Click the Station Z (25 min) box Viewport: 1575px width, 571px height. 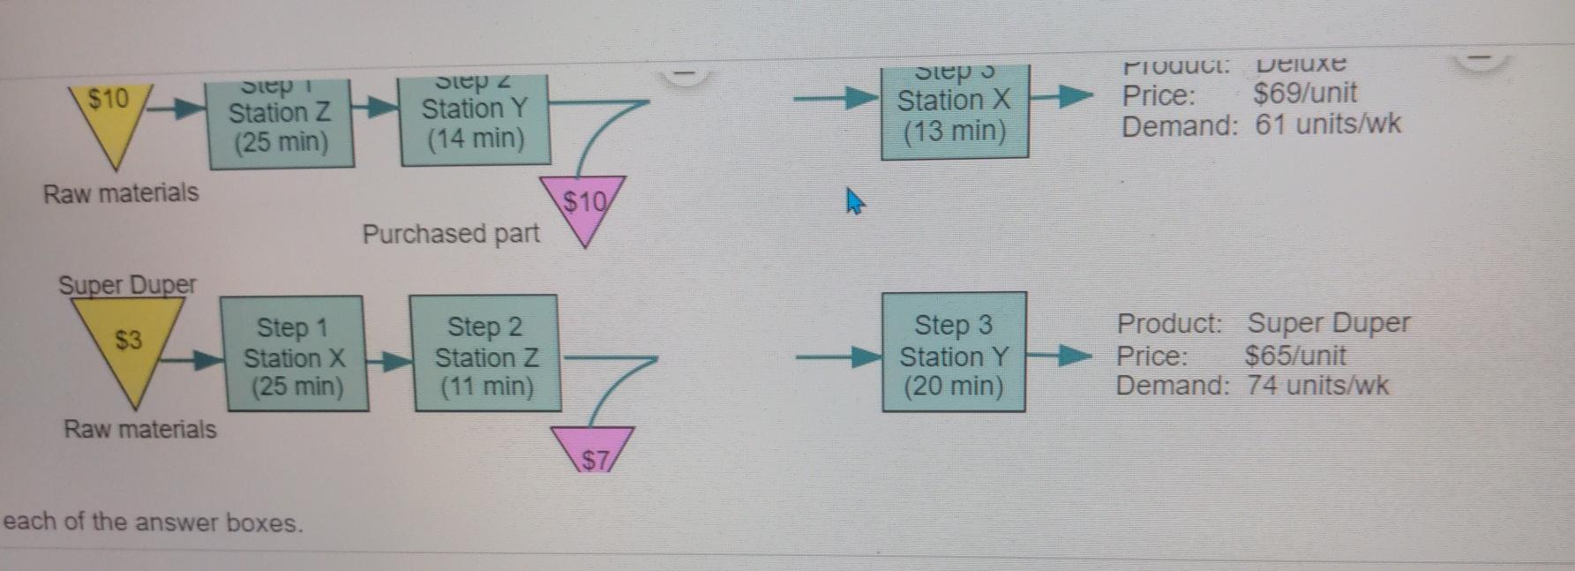281,124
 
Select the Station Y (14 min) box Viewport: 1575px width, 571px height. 475,121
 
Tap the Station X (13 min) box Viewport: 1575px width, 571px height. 955,113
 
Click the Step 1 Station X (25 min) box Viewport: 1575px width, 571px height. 296,355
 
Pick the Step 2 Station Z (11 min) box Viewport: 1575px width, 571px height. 485,354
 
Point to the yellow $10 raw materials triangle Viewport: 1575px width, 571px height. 110,110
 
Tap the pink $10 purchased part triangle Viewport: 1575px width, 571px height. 584,207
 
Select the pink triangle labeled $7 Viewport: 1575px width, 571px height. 594,451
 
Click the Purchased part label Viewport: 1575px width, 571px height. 451,234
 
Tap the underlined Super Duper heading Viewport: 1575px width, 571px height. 127,285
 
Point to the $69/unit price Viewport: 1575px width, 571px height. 1304,94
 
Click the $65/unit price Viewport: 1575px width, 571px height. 1294,356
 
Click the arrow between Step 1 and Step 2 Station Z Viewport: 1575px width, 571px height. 389,360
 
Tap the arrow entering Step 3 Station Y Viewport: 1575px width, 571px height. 837,357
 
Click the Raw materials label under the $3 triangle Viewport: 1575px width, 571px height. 139,430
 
